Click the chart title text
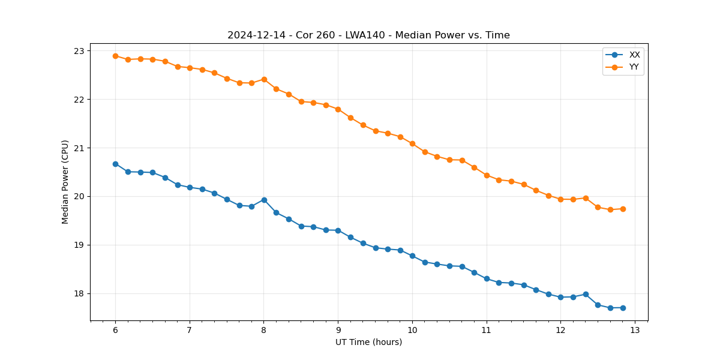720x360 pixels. point(368,35)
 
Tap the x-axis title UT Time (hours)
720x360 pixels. point(368,342)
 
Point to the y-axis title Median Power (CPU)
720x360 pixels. point(65,182)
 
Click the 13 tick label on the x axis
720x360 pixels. point(635,331)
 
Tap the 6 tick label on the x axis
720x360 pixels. point(115,331)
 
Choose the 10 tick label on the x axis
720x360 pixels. point(412,331)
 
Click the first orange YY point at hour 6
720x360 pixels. point(115,56)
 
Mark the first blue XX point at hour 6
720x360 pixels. point(115,164)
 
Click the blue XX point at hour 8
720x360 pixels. point(264,200)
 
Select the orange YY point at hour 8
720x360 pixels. point(264,79)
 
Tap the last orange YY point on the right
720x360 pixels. point(623,209)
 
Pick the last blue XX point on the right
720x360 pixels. point(623,308)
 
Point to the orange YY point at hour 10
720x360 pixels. point(412,143)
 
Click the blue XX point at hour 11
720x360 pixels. point(487,278)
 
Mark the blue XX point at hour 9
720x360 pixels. point(338,230)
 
